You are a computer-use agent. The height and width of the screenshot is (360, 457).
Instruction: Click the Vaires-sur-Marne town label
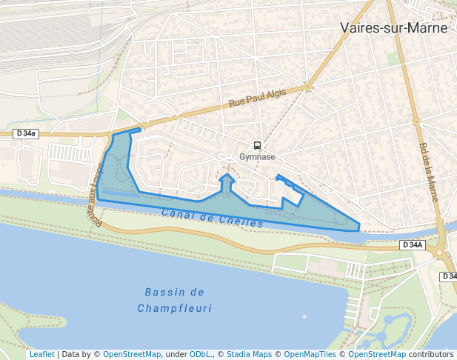(x=394, y=28)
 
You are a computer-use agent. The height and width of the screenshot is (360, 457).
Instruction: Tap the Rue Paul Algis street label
(x=257, y=97)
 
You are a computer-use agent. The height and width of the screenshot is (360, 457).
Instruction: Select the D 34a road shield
(x=25, y=134)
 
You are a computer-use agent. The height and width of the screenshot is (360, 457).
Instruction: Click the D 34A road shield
(x=412, y=244)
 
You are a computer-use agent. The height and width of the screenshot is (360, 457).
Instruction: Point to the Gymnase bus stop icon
(x=257, y=146)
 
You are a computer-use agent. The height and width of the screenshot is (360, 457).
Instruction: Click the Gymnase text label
(x=257, y=157)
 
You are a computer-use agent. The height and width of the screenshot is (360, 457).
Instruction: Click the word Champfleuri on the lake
(x=175, y=308)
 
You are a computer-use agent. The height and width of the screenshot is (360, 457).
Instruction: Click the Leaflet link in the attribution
(x=41, y=355)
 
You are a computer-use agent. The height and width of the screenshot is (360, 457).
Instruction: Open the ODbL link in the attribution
(x=200, y=355)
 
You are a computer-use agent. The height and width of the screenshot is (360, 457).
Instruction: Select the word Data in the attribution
(x=72, y=355)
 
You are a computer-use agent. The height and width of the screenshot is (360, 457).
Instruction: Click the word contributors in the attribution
(x=430, y=355)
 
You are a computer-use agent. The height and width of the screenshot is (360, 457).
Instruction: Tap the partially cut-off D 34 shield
(x=449, y=276)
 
